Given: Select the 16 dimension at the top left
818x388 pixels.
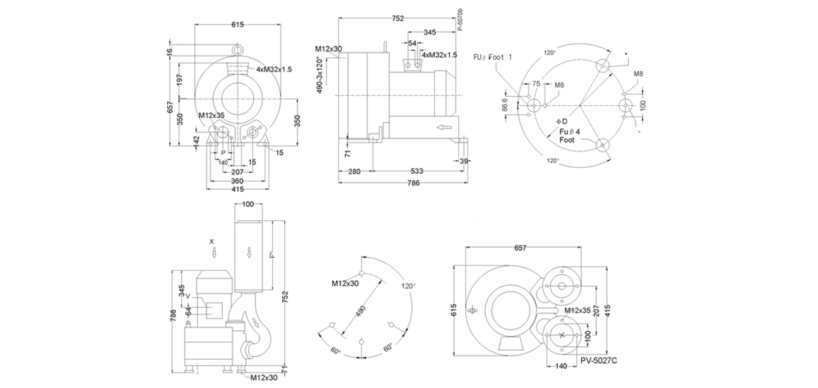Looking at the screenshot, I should coord(170,52).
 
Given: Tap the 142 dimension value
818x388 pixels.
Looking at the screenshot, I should coord(197,140).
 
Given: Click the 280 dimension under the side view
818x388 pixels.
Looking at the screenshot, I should coord(354,171).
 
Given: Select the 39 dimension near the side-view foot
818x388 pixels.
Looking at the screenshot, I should coord(463,162).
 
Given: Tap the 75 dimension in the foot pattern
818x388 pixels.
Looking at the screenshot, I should coord(537,84).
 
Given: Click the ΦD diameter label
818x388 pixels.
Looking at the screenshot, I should coord(562,121).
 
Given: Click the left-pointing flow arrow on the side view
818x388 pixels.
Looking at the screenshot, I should coord(444,128).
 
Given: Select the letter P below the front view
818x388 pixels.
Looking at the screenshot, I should coord(223,152).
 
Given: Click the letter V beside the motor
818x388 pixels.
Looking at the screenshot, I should coord(188,296).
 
